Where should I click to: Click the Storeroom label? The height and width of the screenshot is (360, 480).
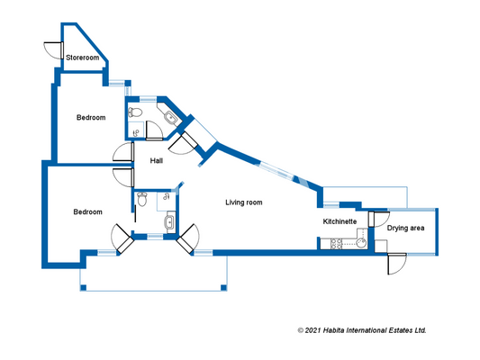pyautogui.click(x=82, y=58)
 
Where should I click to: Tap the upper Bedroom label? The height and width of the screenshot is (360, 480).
pyautogui.click(x=90, y=118)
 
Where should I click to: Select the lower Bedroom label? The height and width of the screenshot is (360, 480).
pyautogui.click(x=87, y=211)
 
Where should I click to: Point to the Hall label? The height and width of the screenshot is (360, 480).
pyautogui.click(x=157, y=160)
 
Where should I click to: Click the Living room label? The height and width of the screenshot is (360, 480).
pyautogui.click(x=243, y=203)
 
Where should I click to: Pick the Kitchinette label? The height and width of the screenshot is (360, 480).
pyautogui.click(x=340, y=220)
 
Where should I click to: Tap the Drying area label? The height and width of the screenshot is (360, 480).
pyautogui.click(x=405, y=229)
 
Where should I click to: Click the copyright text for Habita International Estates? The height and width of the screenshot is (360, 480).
pyautogui.click(x=361, y=330)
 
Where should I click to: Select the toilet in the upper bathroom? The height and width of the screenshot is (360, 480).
pyautogui.click(x=134, y=112)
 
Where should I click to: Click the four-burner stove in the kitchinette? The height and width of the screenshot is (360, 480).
pyautogui.click(x=337, y=243)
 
